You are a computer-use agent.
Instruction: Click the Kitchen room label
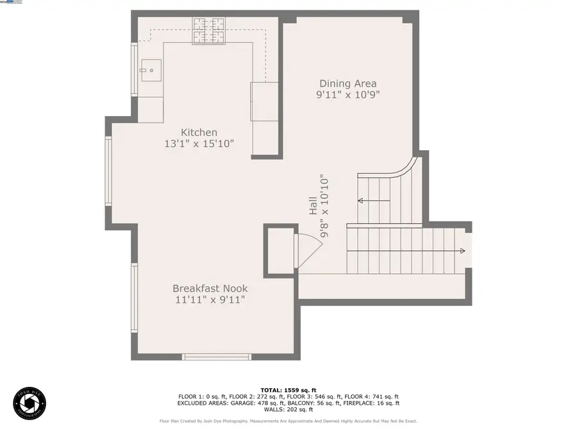199,132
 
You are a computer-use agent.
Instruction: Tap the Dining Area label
348,83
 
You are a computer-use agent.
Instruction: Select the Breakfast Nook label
210,289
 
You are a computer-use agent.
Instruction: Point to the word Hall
313,205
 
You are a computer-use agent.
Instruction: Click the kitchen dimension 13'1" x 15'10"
199,144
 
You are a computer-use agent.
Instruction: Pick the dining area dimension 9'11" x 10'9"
348,95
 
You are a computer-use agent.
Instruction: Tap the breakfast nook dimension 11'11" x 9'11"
210,300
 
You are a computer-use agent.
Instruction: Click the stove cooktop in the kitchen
210,31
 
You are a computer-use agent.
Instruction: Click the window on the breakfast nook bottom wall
216,357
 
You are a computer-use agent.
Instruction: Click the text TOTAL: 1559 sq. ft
288,390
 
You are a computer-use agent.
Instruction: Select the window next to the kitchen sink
135,70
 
